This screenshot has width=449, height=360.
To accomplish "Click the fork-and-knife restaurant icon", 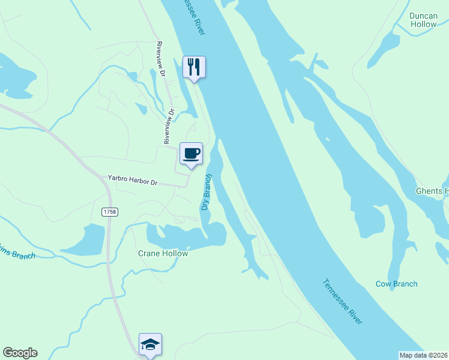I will coord(194,66).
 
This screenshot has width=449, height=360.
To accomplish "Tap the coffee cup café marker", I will coord(191,154).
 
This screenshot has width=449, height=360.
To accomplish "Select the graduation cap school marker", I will coord(150,344).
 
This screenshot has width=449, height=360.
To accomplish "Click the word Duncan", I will coord(423,16).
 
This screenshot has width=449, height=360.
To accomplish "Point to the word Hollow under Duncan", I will coord(423,25).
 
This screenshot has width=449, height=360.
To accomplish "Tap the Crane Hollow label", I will coord(162,253).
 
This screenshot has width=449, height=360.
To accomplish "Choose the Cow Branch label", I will coord(396,284).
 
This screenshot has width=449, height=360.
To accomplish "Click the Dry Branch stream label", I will coord(206,192).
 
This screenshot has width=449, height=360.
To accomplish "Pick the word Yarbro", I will coord(118,179).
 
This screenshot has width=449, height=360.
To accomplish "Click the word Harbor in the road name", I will coord(139,181).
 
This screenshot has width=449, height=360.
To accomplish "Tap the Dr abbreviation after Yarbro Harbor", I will coord(154,182).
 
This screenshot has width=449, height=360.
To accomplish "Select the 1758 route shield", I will coord(109,212).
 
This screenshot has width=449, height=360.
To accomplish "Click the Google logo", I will coord(20,353).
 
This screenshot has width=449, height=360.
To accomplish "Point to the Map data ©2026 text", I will coord(423,355).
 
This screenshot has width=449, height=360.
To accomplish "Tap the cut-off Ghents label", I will coord(432,191).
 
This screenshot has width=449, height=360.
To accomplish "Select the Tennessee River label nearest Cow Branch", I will coord(343,302).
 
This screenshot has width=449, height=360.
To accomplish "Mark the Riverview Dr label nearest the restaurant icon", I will coord(161,59).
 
